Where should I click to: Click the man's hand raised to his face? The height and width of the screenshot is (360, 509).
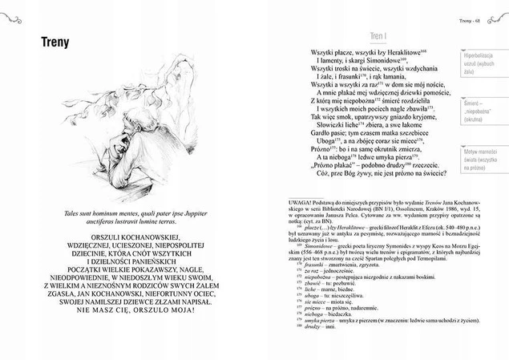pos(129,148)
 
